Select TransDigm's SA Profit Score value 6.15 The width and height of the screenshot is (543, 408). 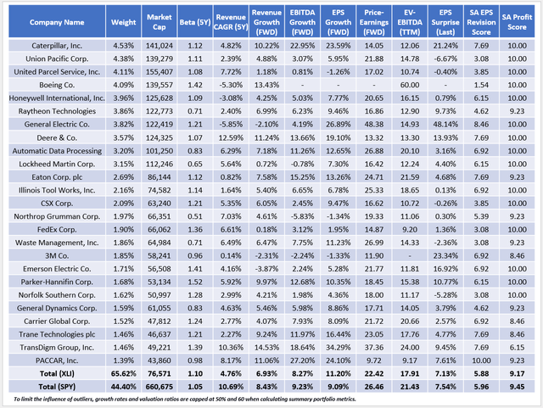(x=515, y=347)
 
